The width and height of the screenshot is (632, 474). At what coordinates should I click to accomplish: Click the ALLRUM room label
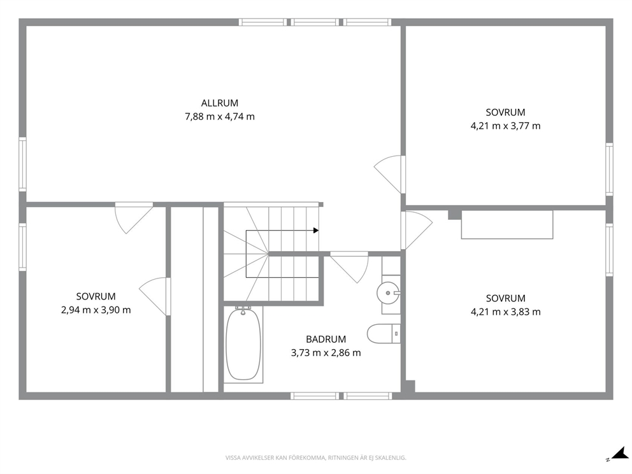(x=220, y=103)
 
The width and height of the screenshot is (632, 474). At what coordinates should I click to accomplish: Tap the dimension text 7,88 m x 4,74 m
(x=220, y=117)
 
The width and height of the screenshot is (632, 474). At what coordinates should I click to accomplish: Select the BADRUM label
(x=326, y=340)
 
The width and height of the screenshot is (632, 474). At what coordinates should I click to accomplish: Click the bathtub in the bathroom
(x=243, y=344)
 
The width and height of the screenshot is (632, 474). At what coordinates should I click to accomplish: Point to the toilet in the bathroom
(x=384, y=334)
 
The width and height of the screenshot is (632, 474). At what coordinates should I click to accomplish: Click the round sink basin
(x=388, y=293)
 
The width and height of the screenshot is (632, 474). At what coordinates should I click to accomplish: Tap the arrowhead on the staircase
(x=316, y=231)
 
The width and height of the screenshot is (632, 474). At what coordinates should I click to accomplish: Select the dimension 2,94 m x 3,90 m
(x=96, y=310)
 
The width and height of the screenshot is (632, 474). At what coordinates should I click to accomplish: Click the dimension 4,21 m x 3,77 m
(x=505, y=126)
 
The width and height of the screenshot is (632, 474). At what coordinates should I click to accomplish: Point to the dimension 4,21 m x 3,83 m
(x=505, y=312)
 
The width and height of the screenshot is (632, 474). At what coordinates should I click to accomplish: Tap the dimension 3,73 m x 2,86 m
(x=326, y=353)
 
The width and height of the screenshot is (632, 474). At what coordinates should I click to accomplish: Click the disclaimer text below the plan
(x=315, y=458)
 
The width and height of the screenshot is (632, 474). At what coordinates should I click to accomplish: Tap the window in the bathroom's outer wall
(x=341, y=396)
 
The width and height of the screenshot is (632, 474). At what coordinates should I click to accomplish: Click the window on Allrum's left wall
(x=22, y=164)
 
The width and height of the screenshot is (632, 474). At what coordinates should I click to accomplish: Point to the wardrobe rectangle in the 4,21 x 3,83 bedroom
(x=507, y=224)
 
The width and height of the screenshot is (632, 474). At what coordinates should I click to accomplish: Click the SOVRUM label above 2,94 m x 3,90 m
(x=96, y=297)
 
